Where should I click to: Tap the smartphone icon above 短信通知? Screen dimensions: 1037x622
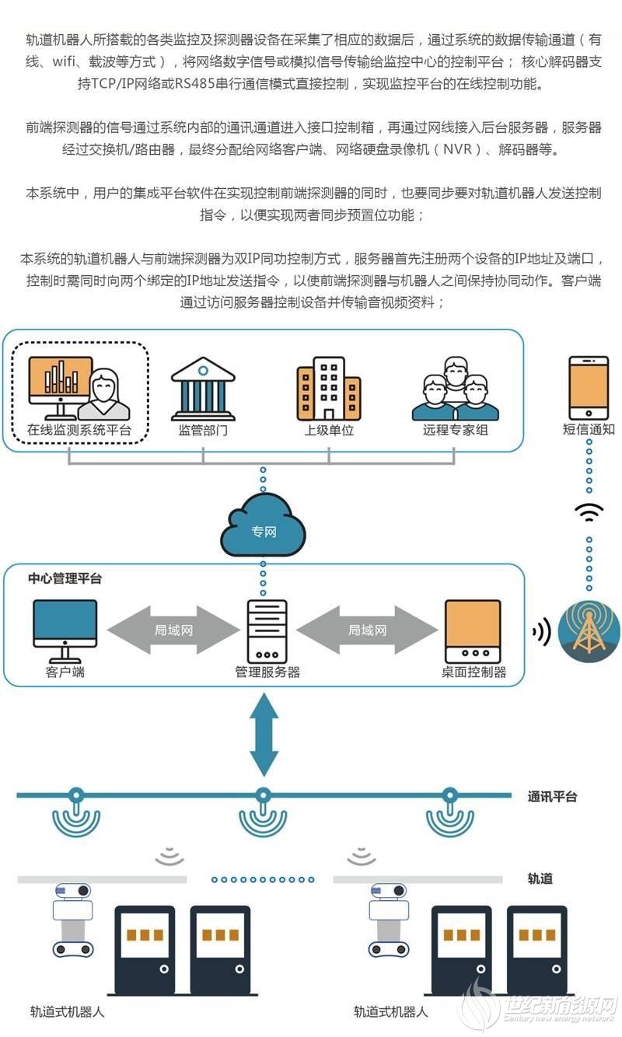(x=589, y=387)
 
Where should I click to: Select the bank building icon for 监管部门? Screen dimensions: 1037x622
(x=203, y=388)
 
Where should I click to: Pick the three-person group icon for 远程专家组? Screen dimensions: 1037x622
(x=455, y=388)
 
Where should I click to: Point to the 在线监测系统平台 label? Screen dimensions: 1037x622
(x=79, y=429)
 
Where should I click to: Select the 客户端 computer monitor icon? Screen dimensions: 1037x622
(x=65, y=624)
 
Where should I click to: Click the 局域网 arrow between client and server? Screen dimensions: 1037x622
(x=173, y=630)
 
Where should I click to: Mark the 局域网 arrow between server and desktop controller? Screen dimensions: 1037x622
(x=367, y=630)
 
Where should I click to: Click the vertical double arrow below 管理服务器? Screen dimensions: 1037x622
(x=264, y=734)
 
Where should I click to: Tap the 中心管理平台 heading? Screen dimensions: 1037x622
(x=65, y=578)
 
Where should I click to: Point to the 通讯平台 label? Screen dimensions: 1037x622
(x=552, y=797)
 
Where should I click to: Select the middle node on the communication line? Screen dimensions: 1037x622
(x=263, y=795)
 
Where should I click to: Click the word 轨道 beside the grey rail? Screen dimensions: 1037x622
(x=540, y=878)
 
